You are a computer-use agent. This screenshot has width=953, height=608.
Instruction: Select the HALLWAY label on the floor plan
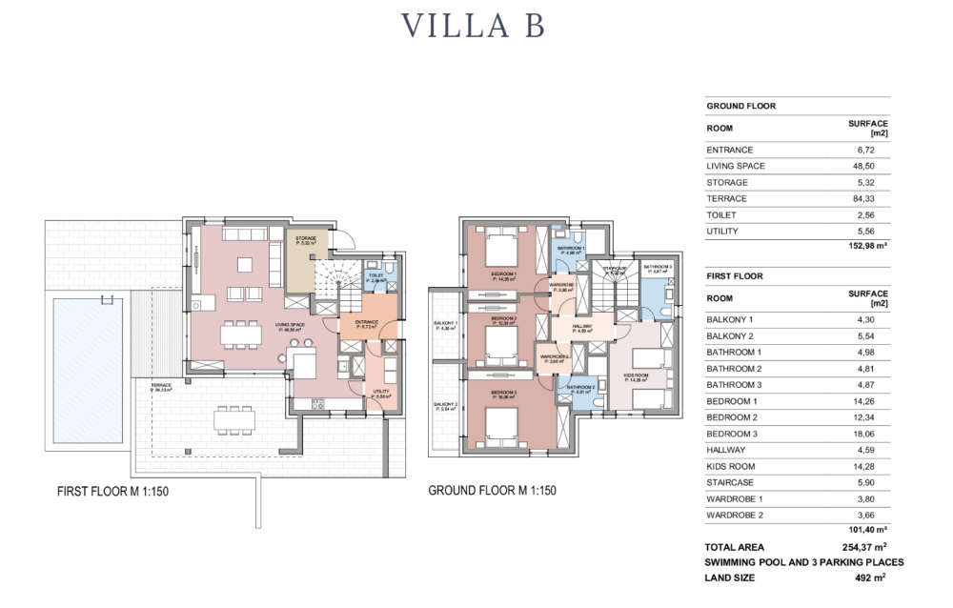[x=581, y=328]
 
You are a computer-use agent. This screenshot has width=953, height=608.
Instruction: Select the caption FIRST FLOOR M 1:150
[x=113, y=492]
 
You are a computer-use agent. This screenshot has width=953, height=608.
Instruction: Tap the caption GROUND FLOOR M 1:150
[x=492, y=491]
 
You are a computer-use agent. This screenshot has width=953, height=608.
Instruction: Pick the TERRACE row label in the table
[x=726, y=198]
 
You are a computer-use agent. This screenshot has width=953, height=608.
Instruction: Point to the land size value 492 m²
[x=868, y=578]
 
